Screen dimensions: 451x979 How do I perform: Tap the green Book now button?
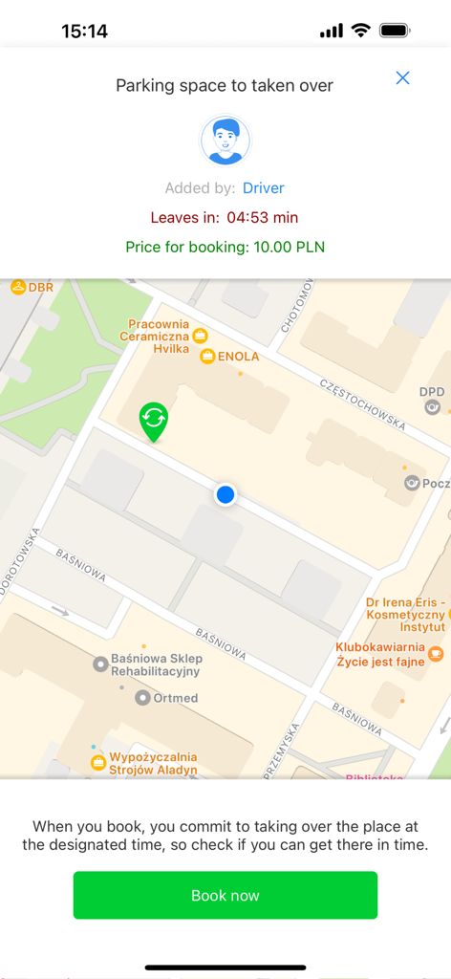click(x=225, y=895)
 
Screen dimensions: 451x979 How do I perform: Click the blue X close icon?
click(x=402, y=78)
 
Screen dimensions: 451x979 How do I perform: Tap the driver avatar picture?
click(x=225, y=141)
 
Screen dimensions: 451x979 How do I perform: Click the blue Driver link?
click(x=263, y=188)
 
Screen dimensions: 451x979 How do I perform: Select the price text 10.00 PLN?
click(x=289, y=247)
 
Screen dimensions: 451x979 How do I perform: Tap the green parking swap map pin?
click(x=154, y=421)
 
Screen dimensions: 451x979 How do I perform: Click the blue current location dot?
click(x=225, y=494)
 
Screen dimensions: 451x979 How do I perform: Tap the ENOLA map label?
click(x=237, y=357)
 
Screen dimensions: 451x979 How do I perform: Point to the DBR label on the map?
click(x=40, y=287)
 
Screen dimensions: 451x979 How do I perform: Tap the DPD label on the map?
click(x=432, y=392)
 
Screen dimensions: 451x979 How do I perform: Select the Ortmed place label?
click(x=175, y=698)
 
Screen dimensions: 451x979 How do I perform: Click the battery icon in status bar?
click(x=395, y=31)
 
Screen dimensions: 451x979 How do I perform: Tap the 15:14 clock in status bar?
click(x=84, y=32)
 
